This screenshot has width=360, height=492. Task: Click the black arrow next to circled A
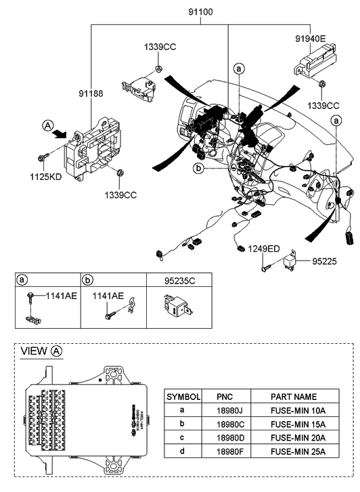(x=66, y=134)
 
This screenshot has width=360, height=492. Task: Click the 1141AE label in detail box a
(x=60, y=296)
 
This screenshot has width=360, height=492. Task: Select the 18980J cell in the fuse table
(x=225, y=410)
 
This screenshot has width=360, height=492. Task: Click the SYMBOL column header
(x=183, y=396)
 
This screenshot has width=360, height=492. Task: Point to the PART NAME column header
(x=294, y=396)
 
